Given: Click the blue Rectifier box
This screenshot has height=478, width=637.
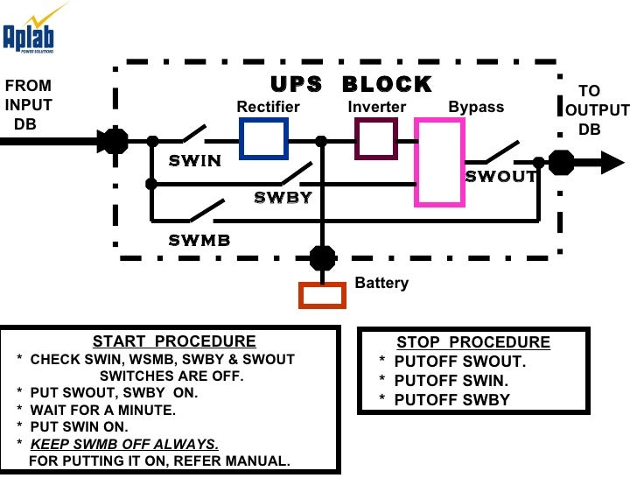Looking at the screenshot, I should (x=263, y=139).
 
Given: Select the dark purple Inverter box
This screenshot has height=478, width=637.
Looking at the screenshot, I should (x=376, y=139).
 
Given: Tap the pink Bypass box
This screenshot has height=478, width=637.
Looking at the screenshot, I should (x=439, y=162).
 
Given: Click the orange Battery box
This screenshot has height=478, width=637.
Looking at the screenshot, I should (x=322, y=295).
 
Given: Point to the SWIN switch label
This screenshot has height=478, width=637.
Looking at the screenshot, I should (x=194, y=161).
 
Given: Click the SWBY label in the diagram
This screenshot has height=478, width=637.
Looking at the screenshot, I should (x=283, y=198).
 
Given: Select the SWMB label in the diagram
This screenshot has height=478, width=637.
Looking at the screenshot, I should (x=199, y=239).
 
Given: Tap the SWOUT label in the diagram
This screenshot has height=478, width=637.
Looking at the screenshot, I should (x=500, y=176).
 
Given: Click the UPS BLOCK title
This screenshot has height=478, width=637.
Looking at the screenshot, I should (x=351, y=85).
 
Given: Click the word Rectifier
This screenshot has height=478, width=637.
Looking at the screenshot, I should (x=268, y=108).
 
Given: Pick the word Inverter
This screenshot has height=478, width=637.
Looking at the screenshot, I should (x=377, y=108).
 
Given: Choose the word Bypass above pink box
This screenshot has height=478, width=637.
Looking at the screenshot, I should (x=476, y=108).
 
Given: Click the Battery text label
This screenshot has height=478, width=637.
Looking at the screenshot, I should (x=381, y=284).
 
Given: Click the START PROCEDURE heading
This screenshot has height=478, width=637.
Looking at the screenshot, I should (x=174, y=342).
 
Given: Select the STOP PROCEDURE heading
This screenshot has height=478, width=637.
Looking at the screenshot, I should (x=473, y=342).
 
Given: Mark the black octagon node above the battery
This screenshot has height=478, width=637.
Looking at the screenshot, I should (x=322, y=257).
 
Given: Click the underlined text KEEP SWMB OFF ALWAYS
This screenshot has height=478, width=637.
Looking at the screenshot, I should (x=124, y=445).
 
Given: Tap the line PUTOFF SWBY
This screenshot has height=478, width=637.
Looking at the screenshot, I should (x=451, y=400).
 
